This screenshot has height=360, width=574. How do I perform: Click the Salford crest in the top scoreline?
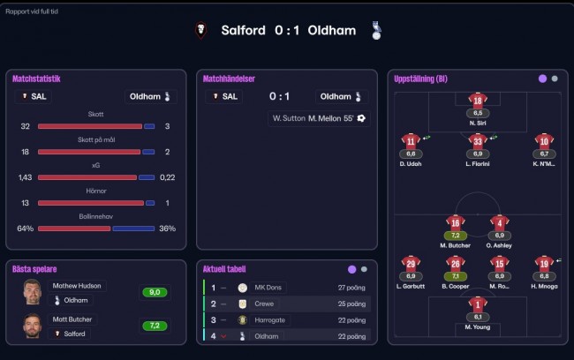202,30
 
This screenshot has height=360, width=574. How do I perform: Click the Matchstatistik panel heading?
36,79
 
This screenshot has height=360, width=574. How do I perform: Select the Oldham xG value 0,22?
168,176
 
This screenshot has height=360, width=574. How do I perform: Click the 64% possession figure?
25,228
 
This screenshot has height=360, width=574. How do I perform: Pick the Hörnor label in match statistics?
95,191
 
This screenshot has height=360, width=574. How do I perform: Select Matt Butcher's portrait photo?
34,326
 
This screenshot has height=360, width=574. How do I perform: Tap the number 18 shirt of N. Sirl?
478,101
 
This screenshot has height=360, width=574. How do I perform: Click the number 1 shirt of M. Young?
478,304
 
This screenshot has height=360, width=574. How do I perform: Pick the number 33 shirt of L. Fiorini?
478,141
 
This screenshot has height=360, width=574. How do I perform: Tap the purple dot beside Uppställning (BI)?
541,79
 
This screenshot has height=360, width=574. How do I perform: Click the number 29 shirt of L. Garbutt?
411,264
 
